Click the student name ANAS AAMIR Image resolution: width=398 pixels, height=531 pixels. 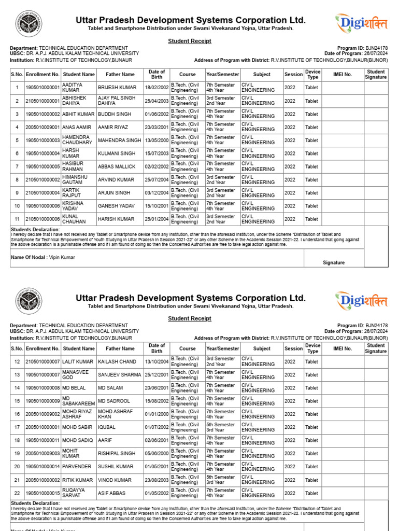78,127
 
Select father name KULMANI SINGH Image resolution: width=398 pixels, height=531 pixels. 116,153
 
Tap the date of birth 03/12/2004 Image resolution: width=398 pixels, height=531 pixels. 157,193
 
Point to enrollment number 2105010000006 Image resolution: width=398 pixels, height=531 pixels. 43,219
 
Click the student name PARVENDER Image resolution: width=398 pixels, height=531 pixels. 77,467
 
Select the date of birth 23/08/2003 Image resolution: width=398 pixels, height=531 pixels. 157,480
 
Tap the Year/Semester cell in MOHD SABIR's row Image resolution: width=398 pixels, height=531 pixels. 221,427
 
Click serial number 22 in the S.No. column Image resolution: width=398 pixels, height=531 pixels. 17,493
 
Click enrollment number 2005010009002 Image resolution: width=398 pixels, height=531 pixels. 43,414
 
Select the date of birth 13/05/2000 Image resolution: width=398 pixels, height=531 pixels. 157,141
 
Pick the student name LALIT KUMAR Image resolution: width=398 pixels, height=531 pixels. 78,361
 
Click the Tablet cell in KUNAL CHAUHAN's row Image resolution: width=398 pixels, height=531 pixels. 312,219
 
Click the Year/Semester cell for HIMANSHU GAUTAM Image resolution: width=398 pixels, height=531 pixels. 221,179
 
